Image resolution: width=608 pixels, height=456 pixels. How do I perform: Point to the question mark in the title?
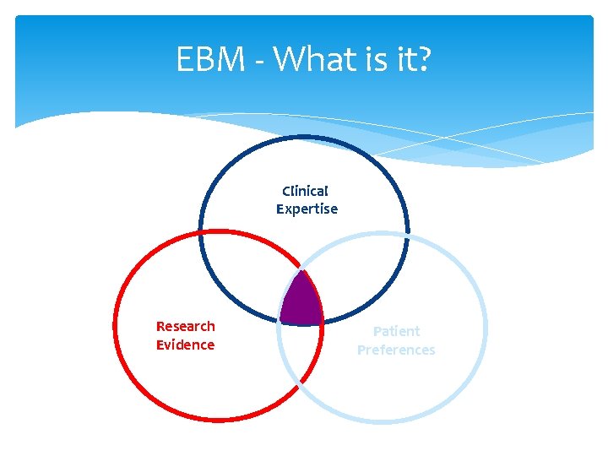[422, 59]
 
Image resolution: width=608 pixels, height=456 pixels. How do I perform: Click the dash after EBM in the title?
[255, 62]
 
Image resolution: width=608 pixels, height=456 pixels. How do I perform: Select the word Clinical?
[306, 192]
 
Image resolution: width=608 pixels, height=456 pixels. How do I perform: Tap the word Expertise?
[307, 209]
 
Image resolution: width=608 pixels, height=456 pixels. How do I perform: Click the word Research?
[186, 326]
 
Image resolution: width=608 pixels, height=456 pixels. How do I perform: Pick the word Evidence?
[186, 345]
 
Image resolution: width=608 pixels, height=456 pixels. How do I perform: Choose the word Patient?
[396, 331]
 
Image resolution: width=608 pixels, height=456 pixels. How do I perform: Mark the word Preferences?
[396, 350]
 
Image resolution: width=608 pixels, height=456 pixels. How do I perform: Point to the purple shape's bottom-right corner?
[323, 323]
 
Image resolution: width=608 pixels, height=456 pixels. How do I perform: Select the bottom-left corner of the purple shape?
[281, 321]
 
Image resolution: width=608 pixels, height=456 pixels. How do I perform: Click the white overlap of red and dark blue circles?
[253, 270]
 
